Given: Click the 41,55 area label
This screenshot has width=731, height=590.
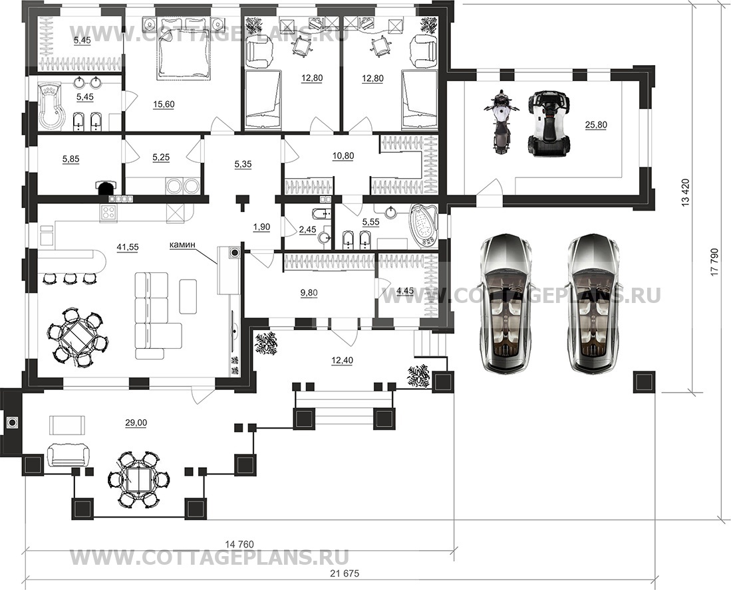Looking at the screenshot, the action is point(127,247).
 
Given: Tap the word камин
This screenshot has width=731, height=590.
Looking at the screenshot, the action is point(182,244).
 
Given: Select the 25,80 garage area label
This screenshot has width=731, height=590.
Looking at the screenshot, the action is point(596,125).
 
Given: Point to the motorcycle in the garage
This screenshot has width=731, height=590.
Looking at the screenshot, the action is point(500,122).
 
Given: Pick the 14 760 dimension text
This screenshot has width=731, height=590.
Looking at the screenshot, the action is point(239,544).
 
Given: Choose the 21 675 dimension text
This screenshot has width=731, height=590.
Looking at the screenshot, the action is point(345,573).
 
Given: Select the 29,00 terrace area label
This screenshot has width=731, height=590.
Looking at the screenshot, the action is point(136,423).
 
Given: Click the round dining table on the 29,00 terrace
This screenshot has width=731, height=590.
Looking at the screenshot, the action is point(138,479).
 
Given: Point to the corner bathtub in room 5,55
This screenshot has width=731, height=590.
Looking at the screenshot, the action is point(423,225).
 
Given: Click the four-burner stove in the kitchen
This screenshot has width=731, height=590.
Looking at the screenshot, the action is point(108,213).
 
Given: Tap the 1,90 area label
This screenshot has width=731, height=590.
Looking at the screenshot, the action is point(261,227).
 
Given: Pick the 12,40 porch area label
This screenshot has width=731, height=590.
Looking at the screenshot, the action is point(342,360).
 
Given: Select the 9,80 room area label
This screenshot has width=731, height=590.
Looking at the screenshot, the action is point(309,293).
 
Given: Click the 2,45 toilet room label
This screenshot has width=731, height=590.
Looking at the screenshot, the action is point(307,229).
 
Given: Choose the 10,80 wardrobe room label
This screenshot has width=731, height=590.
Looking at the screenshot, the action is point(343,156).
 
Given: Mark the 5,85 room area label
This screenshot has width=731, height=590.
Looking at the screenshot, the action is point(71,159).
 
